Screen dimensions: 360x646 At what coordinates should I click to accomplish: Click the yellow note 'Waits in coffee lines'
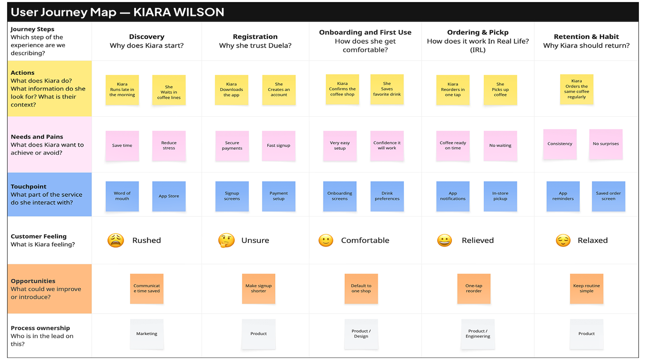pos(169,90)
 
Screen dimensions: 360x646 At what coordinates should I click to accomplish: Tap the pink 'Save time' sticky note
pos(122,146)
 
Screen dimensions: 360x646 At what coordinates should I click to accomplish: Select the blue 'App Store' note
pos(169,196)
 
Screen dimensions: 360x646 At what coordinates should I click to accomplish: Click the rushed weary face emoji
pos(115,240)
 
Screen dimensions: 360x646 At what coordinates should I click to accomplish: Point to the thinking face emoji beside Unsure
pos(226,240)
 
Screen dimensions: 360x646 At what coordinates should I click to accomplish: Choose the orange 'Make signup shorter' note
pos(258,289)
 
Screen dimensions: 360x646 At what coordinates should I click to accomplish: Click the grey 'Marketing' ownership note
pos(147,334)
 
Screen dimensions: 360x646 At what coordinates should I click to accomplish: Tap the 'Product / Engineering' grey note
pos(478,334)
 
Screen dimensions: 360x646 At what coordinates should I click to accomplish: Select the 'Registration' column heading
pos(255,37)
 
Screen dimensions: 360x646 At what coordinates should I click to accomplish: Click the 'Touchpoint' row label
pos(28,187)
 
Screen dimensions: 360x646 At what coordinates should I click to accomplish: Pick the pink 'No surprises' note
pos(606,144)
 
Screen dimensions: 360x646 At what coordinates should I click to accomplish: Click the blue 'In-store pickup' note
pos(500,196)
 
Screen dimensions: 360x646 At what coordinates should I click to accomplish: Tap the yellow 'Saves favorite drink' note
pos(387,89)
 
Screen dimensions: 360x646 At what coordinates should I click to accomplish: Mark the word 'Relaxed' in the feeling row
pos(592,240)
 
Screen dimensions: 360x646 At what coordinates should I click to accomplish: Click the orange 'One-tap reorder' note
pos(474,289)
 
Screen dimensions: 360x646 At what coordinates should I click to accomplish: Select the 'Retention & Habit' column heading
pos(586,37)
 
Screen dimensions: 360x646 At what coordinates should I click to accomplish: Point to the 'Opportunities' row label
pos(33,281)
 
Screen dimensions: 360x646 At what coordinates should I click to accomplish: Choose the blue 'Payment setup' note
pos(278,196)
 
